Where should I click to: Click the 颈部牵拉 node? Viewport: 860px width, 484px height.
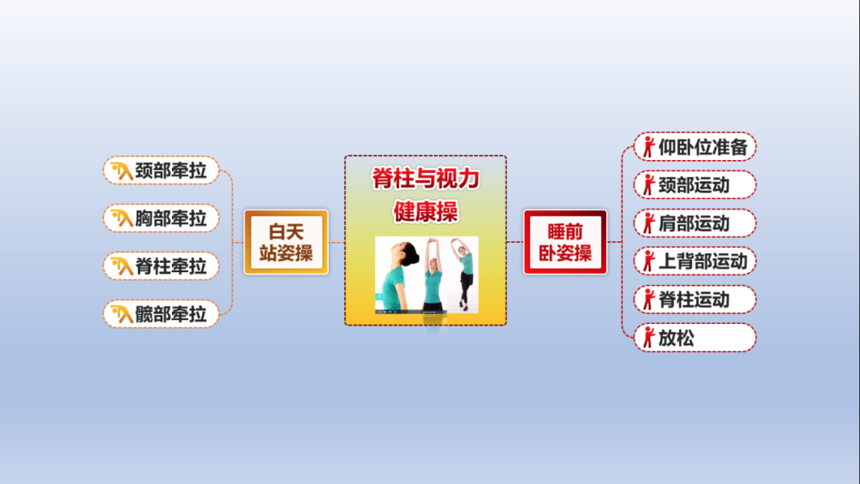[x=161, y=170]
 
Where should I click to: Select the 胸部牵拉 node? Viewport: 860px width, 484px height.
[x=161, y=218]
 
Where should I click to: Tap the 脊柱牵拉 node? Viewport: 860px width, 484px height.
[x=161, y=266]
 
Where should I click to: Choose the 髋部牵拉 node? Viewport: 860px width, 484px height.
[x=161, y=314]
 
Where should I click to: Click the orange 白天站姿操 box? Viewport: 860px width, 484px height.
[x=287, y=242]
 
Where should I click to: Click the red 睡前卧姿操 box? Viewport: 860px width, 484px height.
[x=565, y=242]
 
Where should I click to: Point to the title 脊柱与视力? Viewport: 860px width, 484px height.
[x=425, y=178]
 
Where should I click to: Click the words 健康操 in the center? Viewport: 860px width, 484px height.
[x=425, y=212]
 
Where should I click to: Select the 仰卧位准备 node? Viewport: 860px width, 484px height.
[x=695, y=147]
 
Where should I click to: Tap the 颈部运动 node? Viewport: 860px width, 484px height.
[x=695, y=185]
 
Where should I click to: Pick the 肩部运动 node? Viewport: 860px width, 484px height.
[x=695, y=223]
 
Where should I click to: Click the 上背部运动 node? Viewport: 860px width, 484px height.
[x=695, y=261]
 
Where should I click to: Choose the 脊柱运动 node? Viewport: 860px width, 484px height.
[x=695, y=299]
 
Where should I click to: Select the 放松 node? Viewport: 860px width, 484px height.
[x=695, y=338]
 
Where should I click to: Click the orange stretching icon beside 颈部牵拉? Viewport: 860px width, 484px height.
[x=122, y=170]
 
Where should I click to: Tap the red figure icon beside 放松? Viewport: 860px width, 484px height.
[x=649, y=338]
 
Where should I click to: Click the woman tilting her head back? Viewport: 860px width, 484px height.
[x=397, y=274]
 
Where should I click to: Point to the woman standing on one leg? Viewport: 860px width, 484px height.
[x=464, y=274]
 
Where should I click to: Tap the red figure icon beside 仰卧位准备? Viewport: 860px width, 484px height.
[x=649, y=147]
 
